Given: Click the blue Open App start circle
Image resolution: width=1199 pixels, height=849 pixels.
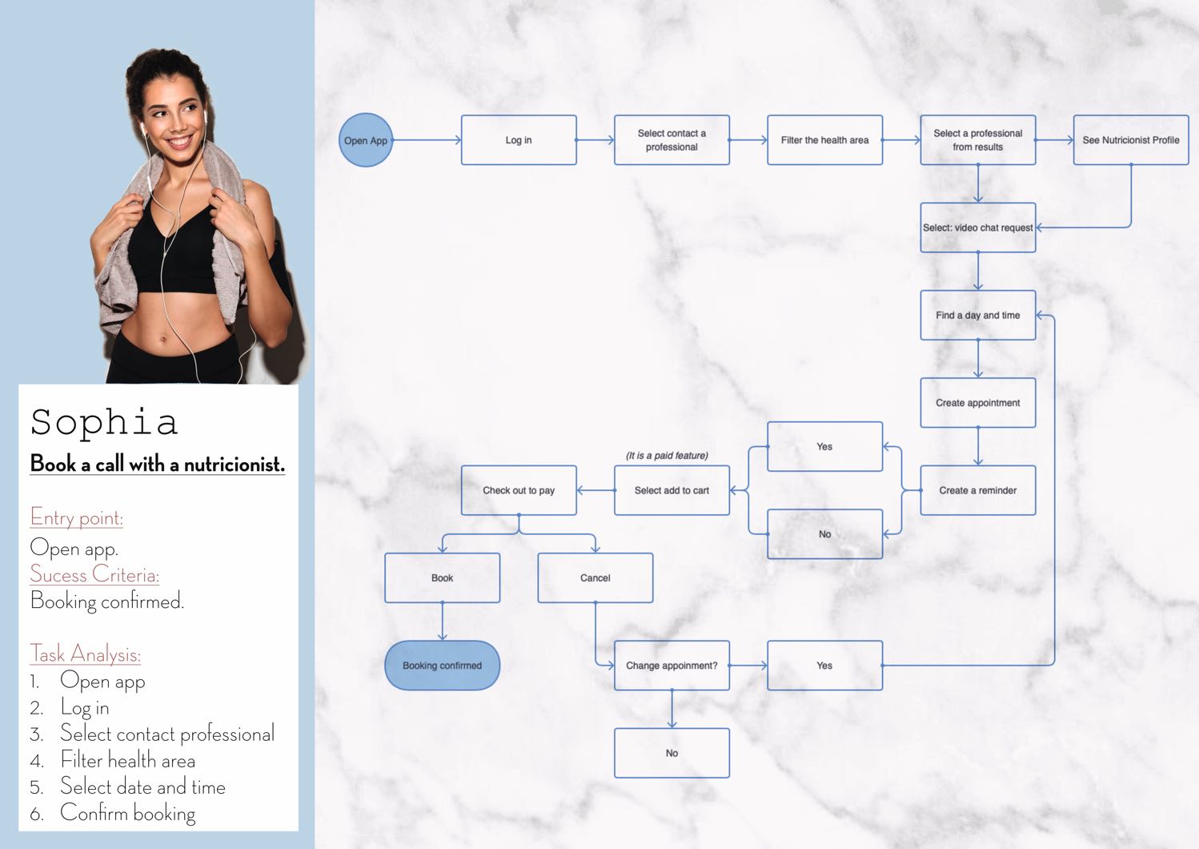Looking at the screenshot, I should coord(366,140).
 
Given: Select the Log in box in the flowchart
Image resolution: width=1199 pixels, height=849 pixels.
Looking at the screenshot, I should coord(519,140).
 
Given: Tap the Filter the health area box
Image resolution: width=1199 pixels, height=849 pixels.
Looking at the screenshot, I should coord(824,140).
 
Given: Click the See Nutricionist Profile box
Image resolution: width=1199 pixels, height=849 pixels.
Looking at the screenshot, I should coord(1130,140).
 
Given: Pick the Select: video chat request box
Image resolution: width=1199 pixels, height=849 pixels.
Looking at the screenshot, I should coord(977,227).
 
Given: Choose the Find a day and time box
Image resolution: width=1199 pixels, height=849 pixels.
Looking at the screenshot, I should coord(977,316).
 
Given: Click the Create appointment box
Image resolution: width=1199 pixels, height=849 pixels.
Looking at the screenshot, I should coord(977,403).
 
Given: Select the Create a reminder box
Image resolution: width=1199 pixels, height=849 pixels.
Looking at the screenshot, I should coord(977,490).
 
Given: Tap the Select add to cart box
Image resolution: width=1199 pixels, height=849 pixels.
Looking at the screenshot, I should coord(672,490).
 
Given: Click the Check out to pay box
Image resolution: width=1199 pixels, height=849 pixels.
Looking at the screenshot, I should coord(519,490).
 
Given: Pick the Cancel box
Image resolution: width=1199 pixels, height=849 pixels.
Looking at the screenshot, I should coord(595,577).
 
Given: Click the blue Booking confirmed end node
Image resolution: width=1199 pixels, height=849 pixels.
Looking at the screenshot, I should coord(442,666).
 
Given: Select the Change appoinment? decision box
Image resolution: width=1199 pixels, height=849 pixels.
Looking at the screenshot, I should coord(672,666).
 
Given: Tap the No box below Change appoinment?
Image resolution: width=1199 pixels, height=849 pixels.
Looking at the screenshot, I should coord(672,753).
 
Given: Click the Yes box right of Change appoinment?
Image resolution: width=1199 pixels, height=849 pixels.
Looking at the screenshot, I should coord(824,666).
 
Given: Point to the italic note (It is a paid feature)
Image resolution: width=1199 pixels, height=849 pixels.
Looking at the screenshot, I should coord(667,456).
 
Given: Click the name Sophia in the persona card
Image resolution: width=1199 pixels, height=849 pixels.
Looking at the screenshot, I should coord(104,422).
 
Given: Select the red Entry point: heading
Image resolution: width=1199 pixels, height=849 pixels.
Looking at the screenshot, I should coord(77,518).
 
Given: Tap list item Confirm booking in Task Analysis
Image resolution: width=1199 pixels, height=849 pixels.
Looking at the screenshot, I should coord(128,813).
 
